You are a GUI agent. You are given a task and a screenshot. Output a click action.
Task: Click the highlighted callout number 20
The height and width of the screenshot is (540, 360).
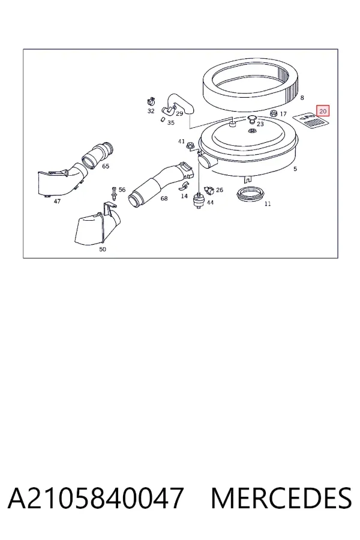(323, 111)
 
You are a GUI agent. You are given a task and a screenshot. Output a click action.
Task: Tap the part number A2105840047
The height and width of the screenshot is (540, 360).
(95, 498)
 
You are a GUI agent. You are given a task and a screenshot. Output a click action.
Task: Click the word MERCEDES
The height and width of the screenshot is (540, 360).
(281, 498)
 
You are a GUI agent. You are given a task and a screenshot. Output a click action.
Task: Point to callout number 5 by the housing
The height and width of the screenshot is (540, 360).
(295, 169)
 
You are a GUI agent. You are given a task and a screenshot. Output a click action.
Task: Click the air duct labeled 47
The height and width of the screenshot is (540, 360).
(61, 181)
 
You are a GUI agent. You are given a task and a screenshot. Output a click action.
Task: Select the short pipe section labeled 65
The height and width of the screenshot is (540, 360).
(98, 155)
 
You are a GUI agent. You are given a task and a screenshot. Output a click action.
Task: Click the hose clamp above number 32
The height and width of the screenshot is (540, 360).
(151, 102)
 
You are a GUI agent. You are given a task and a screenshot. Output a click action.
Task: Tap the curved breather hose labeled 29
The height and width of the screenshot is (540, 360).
(178, 104)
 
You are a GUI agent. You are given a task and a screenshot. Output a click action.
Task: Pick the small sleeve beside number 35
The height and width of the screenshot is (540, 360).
(162, 119)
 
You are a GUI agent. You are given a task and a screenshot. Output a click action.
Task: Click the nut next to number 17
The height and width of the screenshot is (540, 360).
(274, 113)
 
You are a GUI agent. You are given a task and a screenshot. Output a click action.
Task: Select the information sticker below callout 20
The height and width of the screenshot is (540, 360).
(311, 121)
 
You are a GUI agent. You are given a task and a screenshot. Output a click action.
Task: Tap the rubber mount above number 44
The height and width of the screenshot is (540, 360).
(198, 200)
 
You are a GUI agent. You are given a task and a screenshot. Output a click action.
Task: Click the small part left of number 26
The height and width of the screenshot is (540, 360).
(209, 190)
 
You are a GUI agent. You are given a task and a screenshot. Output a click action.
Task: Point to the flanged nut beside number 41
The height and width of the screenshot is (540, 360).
(190, 147)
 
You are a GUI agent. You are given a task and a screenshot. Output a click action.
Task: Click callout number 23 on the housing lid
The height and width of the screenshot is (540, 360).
(260, 124)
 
